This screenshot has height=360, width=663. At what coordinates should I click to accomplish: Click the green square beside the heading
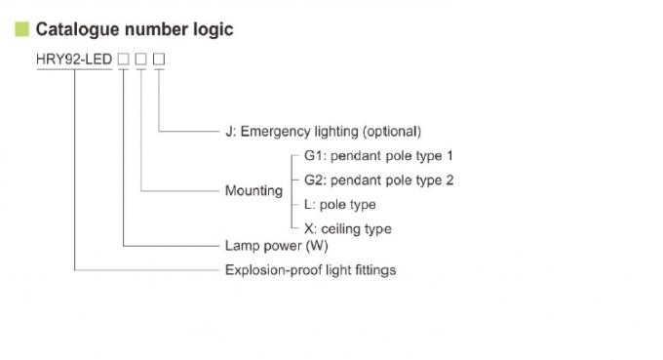[x=21, y=29]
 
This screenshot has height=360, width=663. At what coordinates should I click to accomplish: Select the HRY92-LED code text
[x=73, y=60]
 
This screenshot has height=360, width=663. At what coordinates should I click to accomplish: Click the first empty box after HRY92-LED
[x=123, y=60]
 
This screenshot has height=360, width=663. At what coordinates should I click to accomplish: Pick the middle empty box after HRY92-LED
[x=141, y=60]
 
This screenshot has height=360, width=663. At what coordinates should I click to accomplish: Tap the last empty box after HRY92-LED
[x=159, y=60]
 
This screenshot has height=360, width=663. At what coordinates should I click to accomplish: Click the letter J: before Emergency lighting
[x=230, y=131]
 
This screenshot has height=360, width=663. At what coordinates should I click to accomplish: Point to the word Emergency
[x=276, y=131]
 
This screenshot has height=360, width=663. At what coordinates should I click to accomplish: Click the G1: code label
[x=314, y=155]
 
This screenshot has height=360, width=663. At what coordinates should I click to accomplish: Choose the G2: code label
[x=314, y=180]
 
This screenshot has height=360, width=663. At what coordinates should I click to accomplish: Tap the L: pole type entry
[x=339, y=205]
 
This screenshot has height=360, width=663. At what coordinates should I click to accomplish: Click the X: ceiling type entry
[x=348, y=229]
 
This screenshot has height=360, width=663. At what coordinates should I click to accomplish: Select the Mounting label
[x=253, y=191]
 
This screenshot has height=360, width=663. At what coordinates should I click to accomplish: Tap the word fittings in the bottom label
[x=373, y=269]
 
